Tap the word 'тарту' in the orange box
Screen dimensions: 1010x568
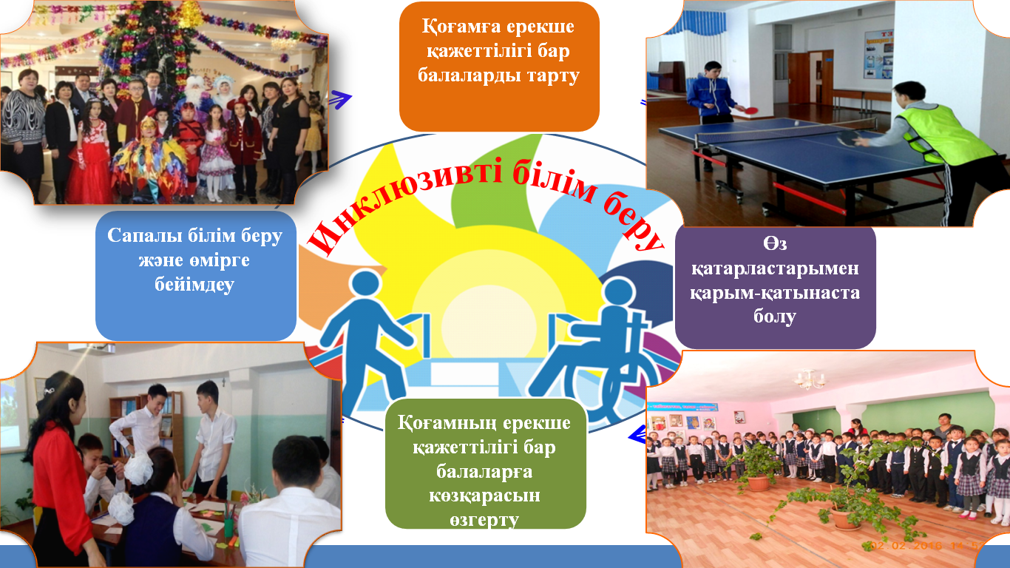(x=553, y=75)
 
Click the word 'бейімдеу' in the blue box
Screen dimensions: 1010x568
(x=194, y=285)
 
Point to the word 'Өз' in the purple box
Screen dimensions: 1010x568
(x=775, y=244)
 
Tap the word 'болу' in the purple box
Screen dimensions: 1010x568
(x=775, y=317)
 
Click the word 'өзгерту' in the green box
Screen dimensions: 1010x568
(x=484, y=520)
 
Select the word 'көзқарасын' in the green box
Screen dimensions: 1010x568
(x=484, y=496)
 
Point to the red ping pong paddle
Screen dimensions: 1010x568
(x=747, y=109)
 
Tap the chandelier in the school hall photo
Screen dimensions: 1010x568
(x=810, y=381)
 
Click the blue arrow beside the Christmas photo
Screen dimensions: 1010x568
(x=340, y=99)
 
